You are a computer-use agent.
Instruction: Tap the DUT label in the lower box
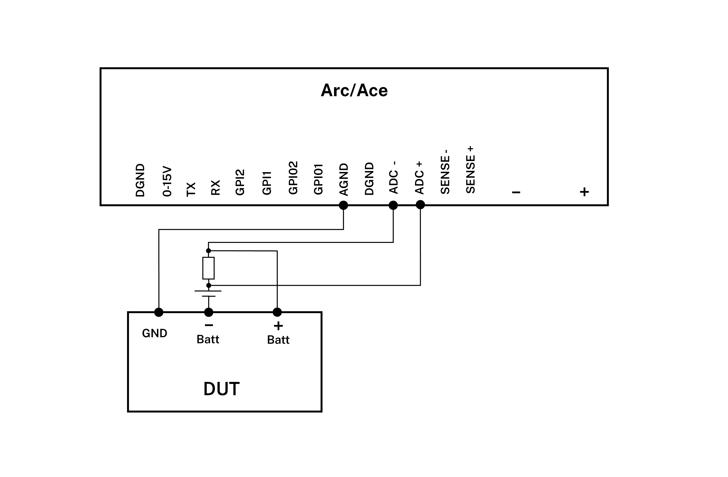[x=221, y=389]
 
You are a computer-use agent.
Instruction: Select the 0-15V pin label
[x=167, y=181]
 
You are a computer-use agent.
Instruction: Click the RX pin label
[x=216, y=188]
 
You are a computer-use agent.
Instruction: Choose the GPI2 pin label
[x=240, y=182]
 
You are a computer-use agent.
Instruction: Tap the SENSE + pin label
[x=470, y=170]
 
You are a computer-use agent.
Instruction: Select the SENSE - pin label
[x=445, y=172]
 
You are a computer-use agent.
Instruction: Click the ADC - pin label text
[x=394, y=178]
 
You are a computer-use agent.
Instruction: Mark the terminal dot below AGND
[x=344, y=205]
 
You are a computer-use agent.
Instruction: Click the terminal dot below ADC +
[x=420, y=205]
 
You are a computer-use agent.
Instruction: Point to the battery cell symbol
[x=208, y=293]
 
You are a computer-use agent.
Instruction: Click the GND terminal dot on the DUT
[x=159, y=312]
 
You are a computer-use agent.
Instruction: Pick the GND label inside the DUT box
[x=154, y=333]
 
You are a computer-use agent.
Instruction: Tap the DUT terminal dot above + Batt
[x=277, y=312]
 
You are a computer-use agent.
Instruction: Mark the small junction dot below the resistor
[x=209, y=286]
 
